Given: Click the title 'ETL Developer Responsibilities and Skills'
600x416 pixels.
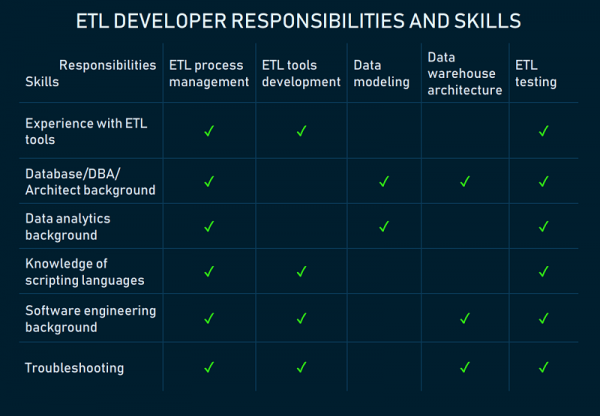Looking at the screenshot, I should click(299, 21).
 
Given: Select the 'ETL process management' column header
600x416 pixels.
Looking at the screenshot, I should click(208, 74).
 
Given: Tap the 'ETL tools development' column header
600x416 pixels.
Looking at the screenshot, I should click(301, 74).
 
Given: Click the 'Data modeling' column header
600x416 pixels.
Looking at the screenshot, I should click(381, 74).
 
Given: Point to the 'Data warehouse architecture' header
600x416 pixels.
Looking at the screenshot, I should click(464, 74).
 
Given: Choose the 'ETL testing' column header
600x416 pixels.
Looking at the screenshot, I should click(536, 74).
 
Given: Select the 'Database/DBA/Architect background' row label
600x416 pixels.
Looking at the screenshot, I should click(90, 181).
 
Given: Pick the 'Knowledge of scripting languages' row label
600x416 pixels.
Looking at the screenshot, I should click(85, 271).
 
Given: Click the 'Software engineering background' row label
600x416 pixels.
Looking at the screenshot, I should click(90, 319).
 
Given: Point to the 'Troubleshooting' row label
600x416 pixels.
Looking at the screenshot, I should click(74, 368).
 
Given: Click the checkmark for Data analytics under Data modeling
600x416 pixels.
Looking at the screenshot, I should click(384, 226).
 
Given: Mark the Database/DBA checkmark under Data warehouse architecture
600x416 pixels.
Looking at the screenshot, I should click(464, 181).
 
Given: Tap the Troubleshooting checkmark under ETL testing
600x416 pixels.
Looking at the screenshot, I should click(543, 367).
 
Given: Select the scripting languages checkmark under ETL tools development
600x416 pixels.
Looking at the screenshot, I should click(301, 271).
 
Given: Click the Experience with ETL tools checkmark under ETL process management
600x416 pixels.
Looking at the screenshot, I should click(209, 131).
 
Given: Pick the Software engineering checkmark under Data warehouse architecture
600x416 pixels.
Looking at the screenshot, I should click(464, 319).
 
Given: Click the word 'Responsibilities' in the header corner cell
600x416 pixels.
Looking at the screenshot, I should click(107, 65).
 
